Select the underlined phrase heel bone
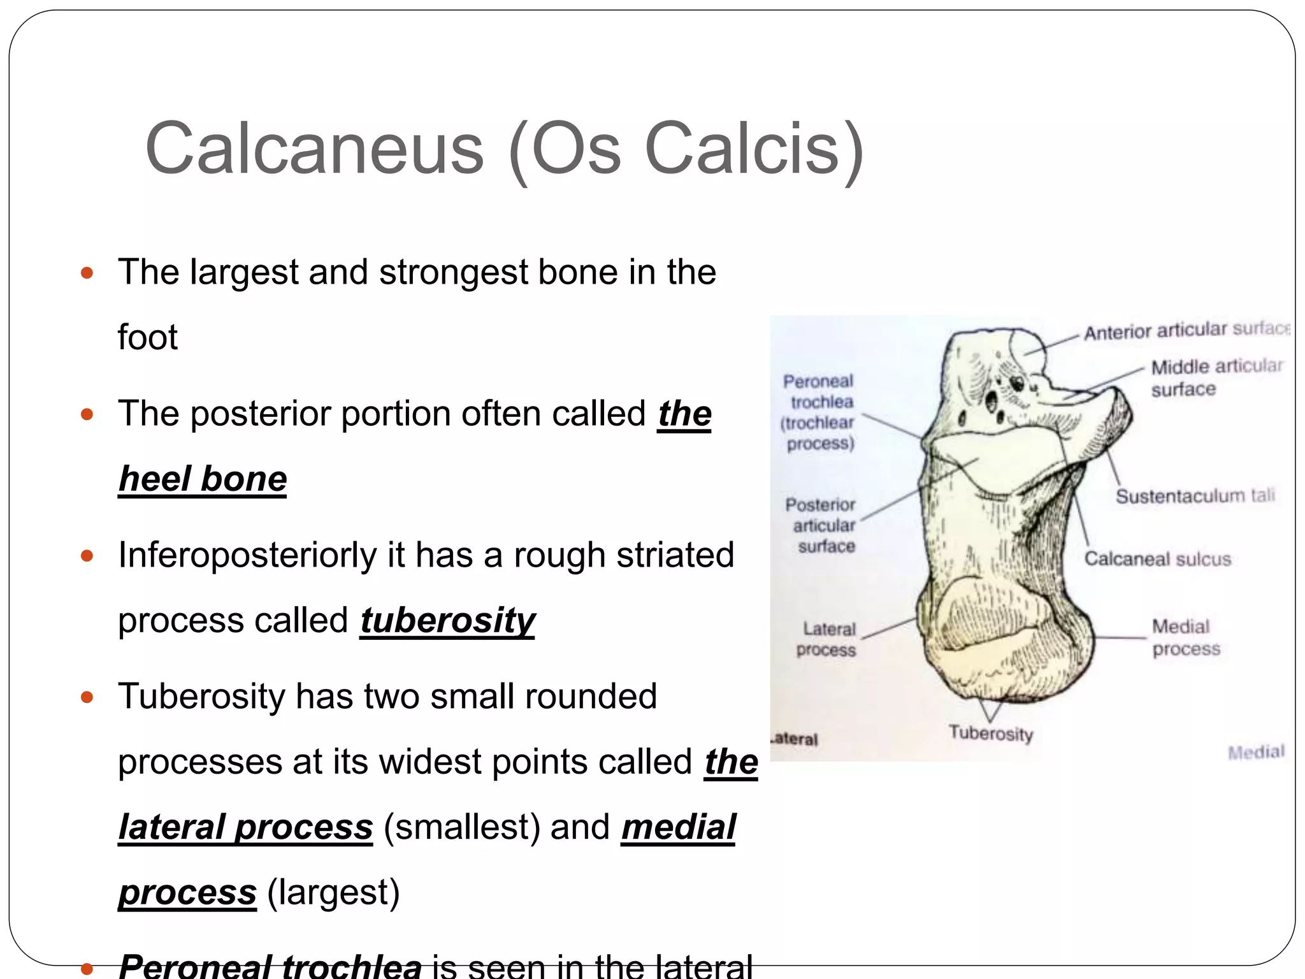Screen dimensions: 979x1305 (x=203, y=479)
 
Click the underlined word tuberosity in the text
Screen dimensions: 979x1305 (x=447, y=620)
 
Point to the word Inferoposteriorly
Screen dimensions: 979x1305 (x=247, y=555)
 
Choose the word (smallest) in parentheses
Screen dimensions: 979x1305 (x=461, y=827)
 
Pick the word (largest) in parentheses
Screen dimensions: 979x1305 (x=333, y=892)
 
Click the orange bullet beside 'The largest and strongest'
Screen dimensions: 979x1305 (x=87, y=274)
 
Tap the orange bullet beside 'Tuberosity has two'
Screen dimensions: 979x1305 (x=87, y=697)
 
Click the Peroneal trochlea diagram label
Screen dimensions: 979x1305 (x=819, y=412)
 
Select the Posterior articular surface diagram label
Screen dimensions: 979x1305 (x=822, y=525)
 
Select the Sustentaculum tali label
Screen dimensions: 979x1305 (x=1195, y=496)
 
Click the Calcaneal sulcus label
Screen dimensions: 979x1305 (x=1157, y=559)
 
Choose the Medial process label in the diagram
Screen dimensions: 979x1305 (x=1185, y=637)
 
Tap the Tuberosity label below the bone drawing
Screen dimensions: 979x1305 (x=991, y=733)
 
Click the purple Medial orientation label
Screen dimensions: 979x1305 (x=1256, y=752)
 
